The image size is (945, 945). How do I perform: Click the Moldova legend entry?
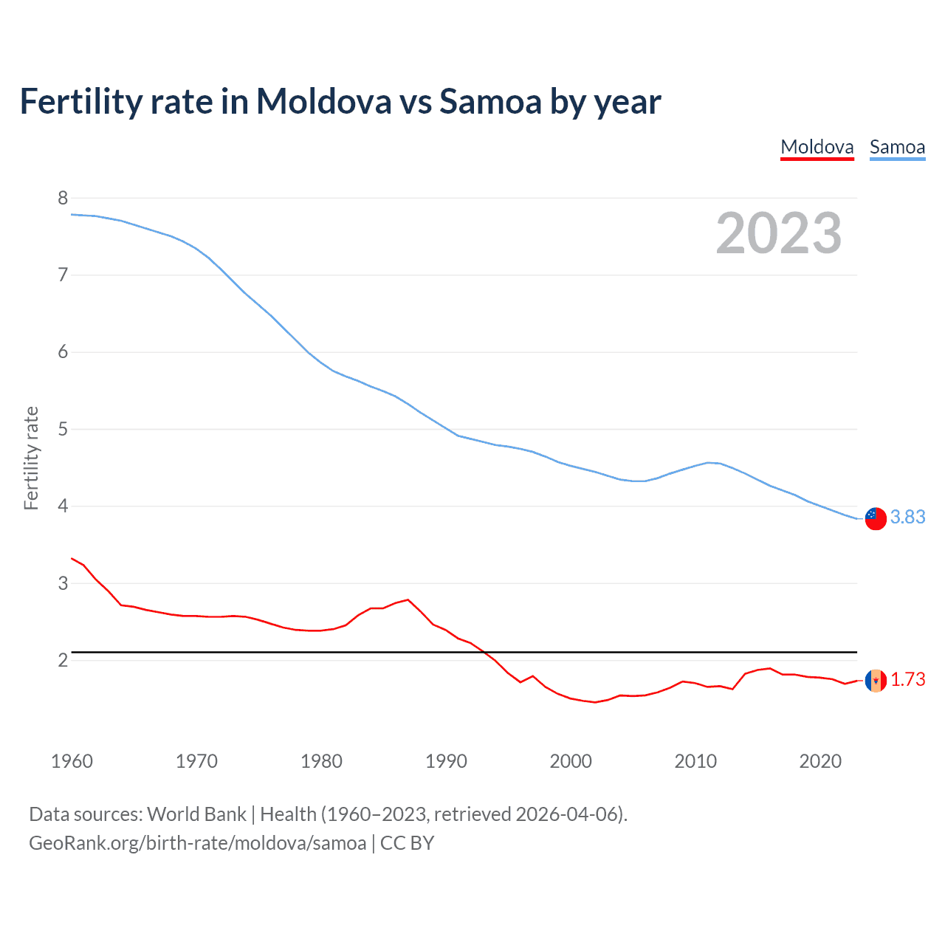coord(817,147)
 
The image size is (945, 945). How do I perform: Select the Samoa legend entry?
coord(897,147)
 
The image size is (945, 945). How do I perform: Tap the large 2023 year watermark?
coord(778,233)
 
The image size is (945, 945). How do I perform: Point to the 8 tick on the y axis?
coord(63,198)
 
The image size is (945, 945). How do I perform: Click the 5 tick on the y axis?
coord(63,429)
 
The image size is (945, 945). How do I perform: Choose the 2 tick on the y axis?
coord(63,660)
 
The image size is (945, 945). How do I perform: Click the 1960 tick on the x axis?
coord(72,761)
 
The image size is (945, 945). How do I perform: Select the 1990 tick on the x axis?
coord(446,761)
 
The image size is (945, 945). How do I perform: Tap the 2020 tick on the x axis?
coord(820,761)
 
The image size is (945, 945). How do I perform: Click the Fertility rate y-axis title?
coord(31,458)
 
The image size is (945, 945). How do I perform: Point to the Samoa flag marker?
coord(876,518)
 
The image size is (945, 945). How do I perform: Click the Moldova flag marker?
coord(876,680)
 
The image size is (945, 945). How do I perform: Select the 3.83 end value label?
coord(907,518)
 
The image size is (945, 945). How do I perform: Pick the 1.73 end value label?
coord(907,679)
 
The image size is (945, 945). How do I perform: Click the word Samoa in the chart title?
coord(490,102)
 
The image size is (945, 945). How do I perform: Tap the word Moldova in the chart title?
coord(323,102)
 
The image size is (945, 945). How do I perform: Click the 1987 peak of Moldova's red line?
coord(408,599)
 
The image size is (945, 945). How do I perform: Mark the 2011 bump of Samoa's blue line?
coord(709,463)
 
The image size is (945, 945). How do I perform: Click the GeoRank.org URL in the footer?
coord(197,843)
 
